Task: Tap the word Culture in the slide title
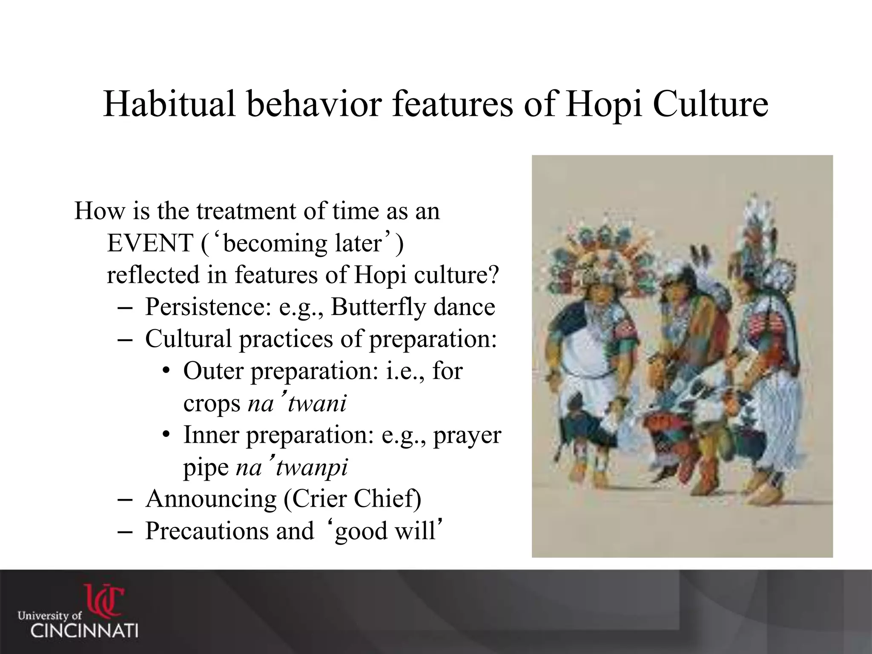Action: (710, 105)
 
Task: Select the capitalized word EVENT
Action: (150, 244)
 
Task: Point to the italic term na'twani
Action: (297, 403)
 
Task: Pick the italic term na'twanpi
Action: (292, 467)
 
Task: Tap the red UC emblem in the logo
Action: (104, 600)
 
